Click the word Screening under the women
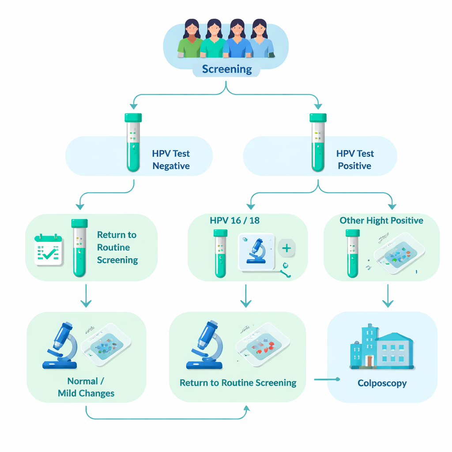coord(227,69)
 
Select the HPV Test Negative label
coord(171,160)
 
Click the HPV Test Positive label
coord(355,160)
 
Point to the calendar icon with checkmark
coord(49,249)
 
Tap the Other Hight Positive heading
coord(381,220)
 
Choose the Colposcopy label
coord(382,383)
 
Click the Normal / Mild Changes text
coord(86,387)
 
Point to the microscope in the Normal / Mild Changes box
coord(62,345)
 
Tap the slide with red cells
coord(263,345)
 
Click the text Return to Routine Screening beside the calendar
coord(117,247)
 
